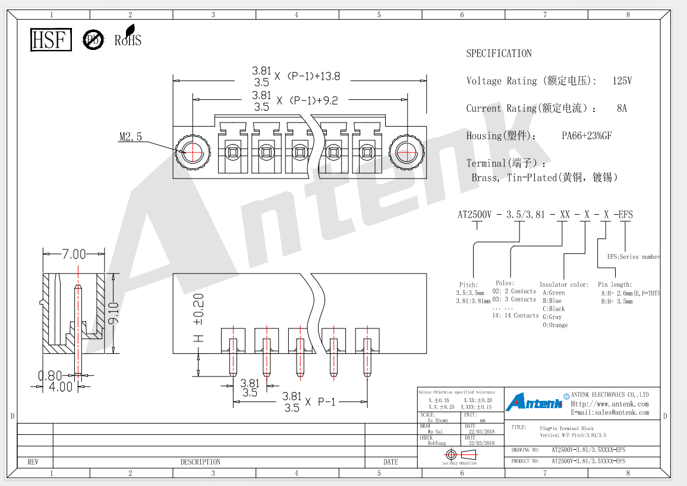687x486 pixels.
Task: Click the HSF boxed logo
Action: coord(51,40)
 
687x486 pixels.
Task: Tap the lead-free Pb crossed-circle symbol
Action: coord(93,40)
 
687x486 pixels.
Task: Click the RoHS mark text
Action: coord(128,37)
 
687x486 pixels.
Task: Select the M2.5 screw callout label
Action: coord(131,137)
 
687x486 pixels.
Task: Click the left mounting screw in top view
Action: coord(193,152)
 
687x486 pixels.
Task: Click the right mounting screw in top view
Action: coord(406,152)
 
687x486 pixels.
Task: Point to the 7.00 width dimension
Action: coord(74,254)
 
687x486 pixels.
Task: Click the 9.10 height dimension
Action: coord(114,313)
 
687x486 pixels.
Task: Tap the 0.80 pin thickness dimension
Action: coord(50,375)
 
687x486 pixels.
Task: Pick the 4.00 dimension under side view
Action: coord(61,387)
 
